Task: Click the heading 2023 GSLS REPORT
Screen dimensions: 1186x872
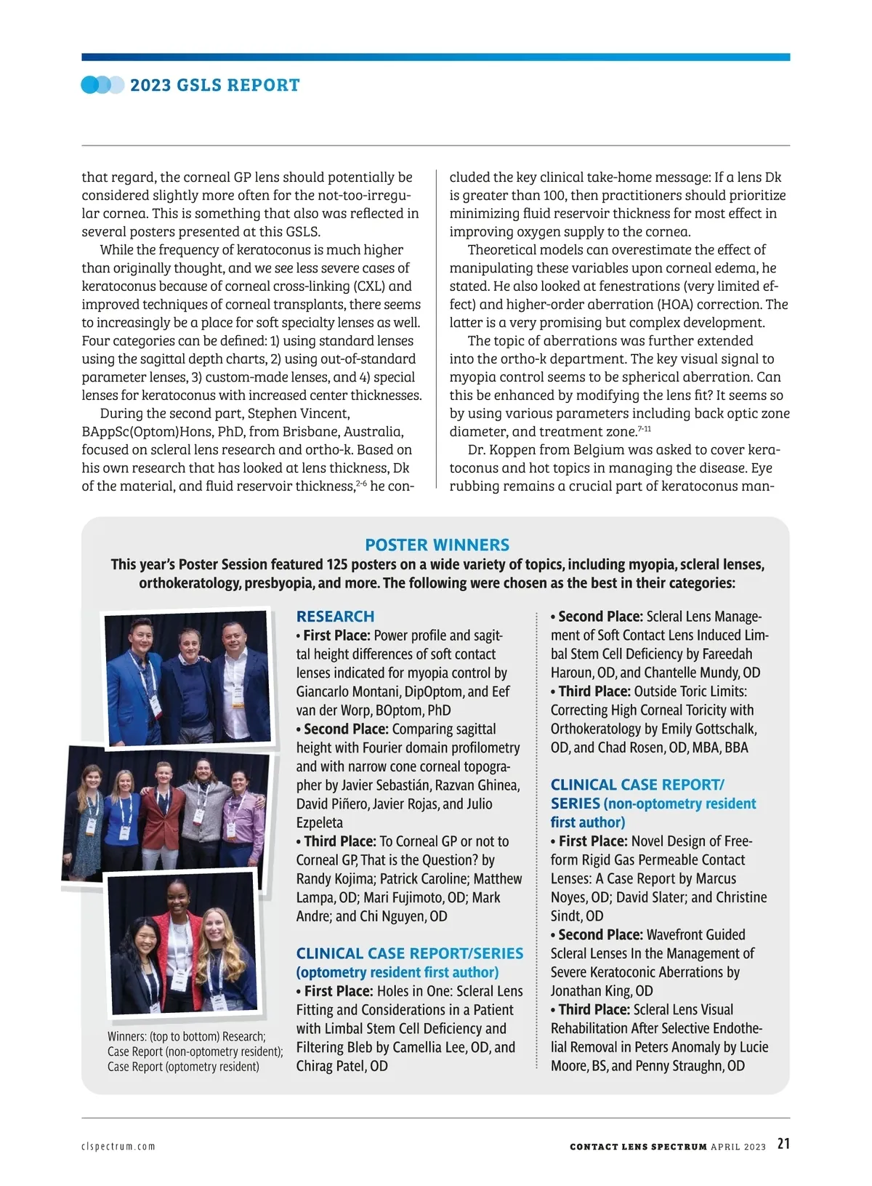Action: pos(214,85)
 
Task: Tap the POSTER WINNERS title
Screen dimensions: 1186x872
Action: pos(437,545)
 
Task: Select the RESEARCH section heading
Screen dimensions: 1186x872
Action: pos(335,616)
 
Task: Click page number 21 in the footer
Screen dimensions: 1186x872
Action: pos(783,1144)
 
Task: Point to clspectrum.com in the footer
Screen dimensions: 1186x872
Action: pos(118,1147)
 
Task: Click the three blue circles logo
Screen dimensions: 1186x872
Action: pos(102,85)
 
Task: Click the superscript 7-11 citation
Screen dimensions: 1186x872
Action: pos(644,429)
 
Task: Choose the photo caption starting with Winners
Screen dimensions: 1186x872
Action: pos(195,1051)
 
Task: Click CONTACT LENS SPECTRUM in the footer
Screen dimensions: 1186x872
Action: pos(638,1147)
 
